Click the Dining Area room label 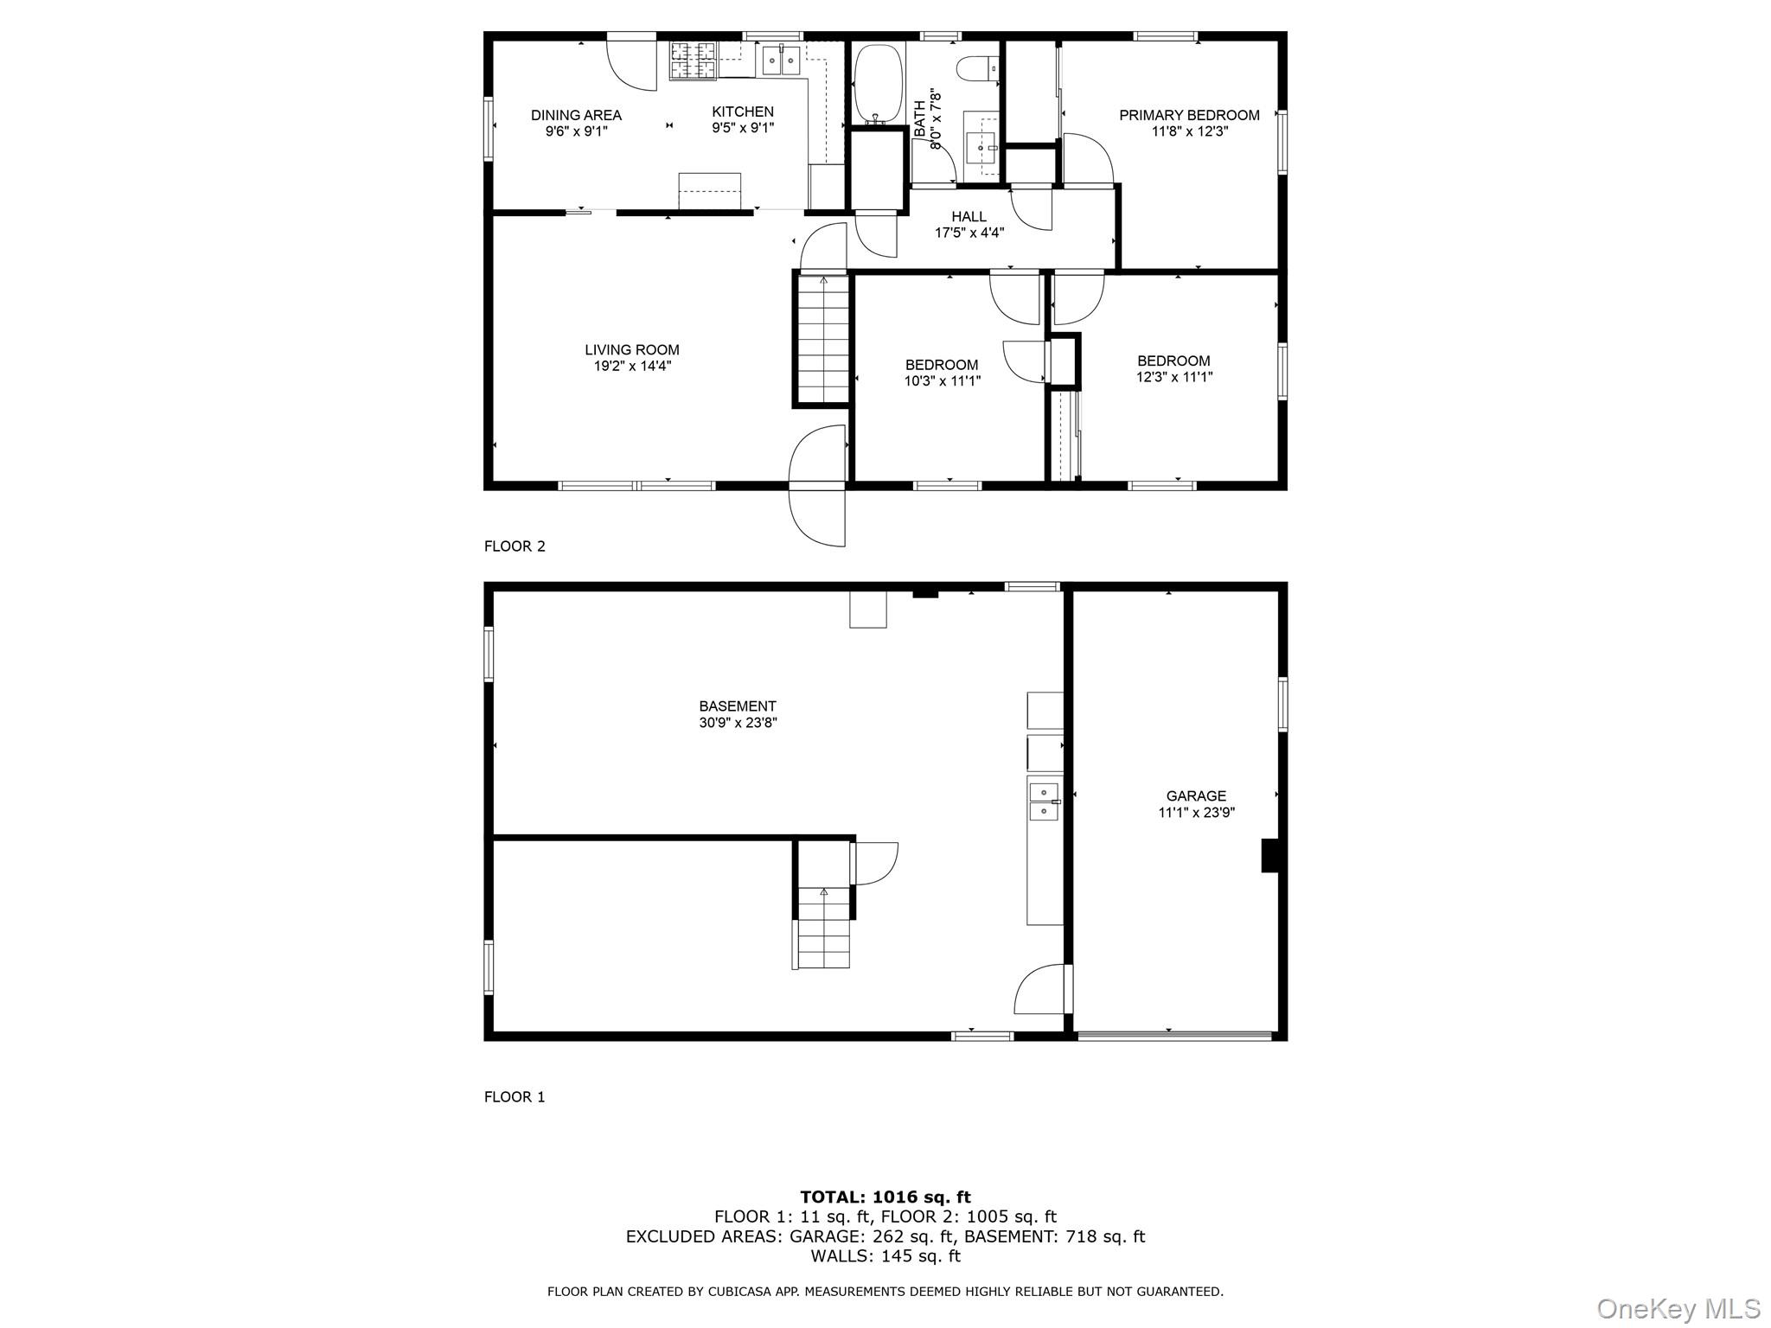pos(576,115)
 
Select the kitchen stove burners pos(694,61)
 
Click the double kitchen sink pos(782,61)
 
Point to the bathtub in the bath pos(879,83)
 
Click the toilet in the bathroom pos(982,66)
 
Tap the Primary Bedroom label pos(1189,115)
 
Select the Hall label pos(969,217)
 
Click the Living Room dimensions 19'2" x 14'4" pos(632,366)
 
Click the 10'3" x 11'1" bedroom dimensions pos(942,380)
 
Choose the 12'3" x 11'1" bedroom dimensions pos(1174,377)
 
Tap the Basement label pos(738,706)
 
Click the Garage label pos(1196,796)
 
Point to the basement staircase pos(823,927)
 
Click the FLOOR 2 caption pos(515,546)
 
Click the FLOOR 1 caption pos(515,1097)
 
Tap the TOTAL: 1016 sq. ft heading pos(885,1197)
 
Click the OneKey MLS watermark pos(1678,1308)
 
